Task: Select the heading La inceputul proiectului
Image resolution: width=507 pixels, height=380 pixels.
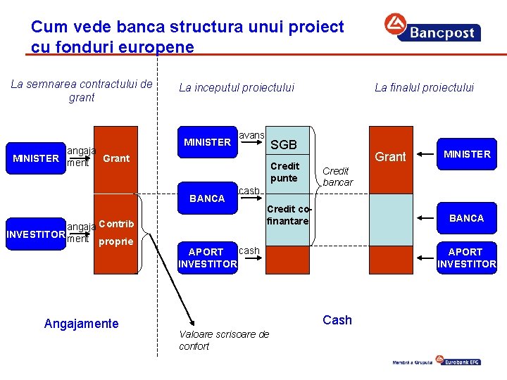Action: click(237, 87)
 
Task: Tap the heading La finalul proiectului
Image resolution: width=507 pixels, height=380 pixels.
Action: click(424, 87)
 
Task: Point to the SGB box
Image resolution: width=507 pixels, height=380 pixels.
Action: click(284, 144)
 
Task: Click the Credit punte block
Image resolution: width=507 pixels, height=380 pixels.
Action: click(284, 172)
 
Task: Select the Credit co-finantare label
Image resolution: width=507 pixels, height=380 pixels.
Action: click(287, 215)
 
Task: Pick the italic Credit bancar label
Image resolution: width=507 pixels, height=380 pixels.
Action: click(337, 176)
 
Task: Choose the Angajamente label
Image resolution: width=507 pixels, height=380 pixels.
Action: click(81, 323)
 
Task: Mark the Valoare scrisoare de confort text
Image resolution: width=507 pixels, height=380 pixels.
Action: click(224, 340)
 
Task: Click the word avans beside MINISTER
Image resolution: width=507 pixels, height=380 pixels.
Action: click(252, 135)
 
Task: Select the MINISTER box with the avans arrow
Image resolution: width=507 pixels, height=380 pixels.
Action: click(207, 142)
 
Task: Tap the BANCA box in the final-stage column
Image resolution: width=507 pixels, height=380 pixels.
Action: click(466, 218)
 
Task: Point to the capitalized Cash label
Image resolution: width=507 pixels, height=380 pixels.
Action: click(337, 320)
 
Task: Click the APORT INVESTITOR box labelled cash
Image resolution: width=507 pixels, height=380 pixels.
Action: click(207, 258)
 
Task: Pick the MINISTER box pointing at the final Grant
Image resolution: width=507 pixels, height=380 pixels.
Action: click(466, 154)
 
